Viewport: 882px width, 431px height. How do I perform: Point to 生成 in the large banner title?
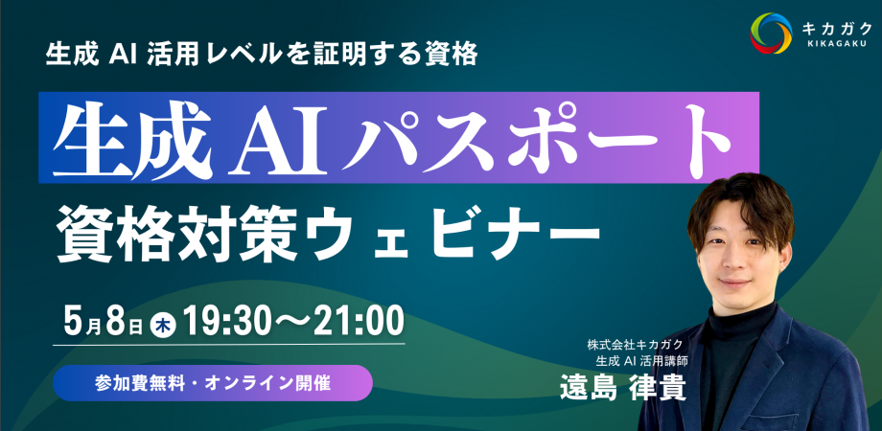click(131, 140)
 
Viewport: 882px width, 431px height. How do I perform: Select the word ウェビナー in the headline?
click(464, 230)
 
